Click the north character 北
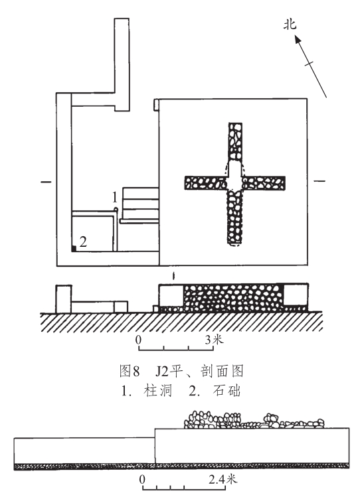pyautogui.click(x=290, y=25)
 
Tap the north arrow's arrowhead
pyautogui.click(x=298, y=39)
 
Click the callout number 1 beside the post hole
pyautogui.click(x=115, y=198)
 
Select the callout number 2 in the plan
pyautogui.click(x=83, y=242)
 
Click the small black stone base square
pyautogui.click(x=74, y=249)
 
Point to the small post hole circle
pyautogui.click(x=116, y=209)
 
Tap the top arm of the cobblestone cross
pyautogui.click(x=235, y=142)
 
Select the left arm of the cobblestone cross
pyautogui.click(x=206, y=182)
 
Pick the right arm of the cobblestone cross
pyautogui.click(x=264, y=182)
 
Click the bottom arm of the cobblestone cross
pyautogui.click(x=235, y=217)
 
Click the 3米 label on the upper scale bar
pyautogui.click(x=214, y=340)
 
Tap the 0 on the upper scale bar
pyautogui.click(x=138, y=340)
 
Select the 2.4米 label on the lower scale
pyautogui.click(x=223, y=480)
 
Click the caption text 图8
pyautogui.click(x=130, y=371)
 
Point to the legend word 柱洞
pyautogui.click(x=157, y=391)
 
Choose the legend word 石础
pyautogui.click(x=226, y=391)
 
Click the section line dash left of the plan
pyautogui.click(x=46, y=182)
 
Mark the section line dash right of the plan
pyautogui.click(x=319, y=181)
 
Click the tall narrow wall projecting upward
pyautogui.click(x=122, y=65)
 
